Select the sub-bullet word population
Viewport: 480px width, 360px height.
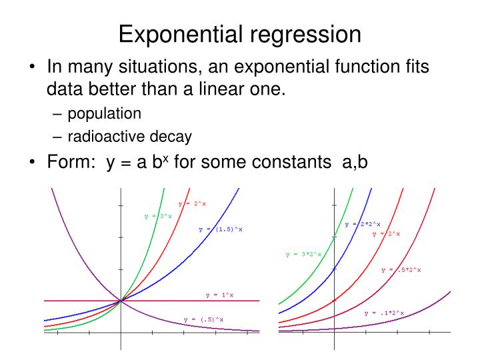click(x=103, y=113)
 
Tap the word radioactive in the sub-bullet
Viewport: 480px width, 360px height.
click(x=108, y=137)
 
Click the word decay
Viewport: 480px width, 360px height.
click(x=172, y=137)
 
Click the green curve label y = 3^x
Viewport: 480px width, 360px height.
click(x=158, y=216)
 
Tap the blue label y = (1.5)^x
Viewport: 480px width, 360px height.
click(x=221, y=229)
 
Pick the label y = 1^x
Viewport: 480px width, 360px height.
click(x=219, y=295)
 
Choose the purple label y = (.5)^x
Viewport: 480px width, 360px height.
click(x=203, y=320)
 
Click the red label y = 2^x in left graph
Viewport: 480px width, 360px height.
click(x=192, y=203)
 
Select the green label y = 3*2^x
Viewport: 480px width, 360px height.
click(x=303, y=254)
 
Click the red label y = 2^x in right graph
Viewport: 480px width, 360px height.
click(x=386, y=234)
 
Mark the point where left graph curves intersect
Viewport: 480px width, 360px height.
click(x=121, y=301)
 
